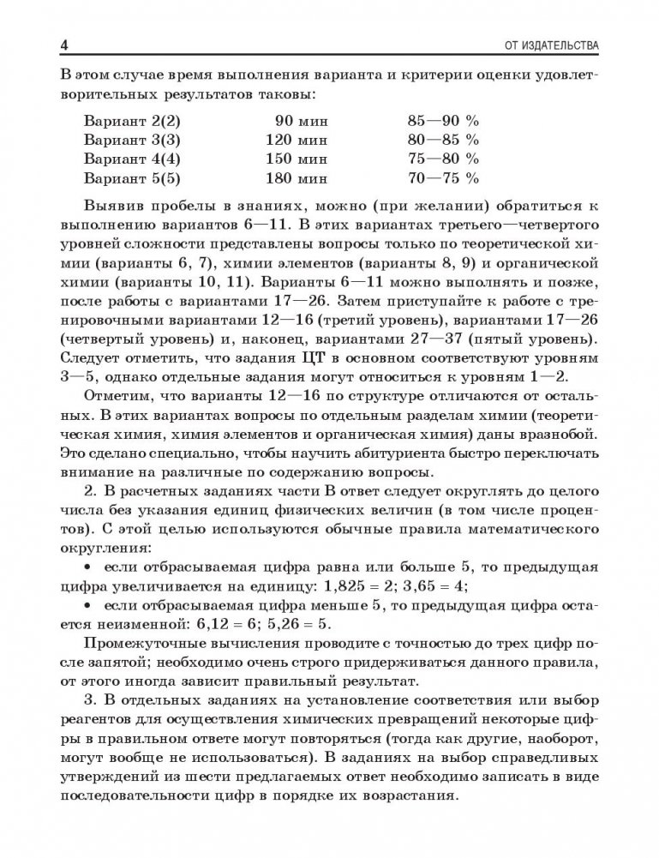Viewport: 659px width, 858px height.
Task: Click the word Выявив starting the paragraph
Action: tap(116, 211)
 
